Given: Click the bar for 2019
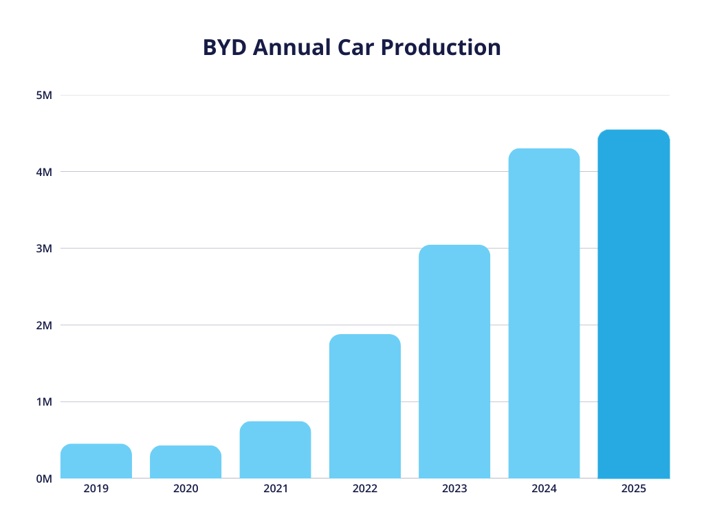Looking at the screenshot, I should pyautogui.click(x=96, y=461).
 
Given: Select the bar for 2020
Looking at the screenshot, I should pyautogui.click(x=186, y=462).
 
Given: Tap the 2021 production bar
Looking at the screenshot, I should pyautogui.click(x=275, y=450).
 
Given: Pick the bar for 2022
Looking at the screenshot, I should pyautogui.click(x=365, y=406).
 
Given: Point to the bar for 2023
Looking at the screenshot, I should pyautogui.click(x=454, y=362).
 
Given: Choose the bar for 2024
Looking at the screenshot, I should pyautogui.click(x=544, y=313).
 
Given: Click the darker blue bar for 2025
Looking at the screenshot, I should pyautogui.click(x=633, y=304).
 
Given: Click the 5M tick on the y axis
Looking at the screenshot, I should pyautogui.click(x=44, y=95).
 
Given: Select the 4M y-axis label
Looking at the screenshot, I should pyautogui.click(x=44, y=172).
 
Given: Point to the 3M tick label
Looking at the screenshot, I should pyautogui.click(x=44, y=248).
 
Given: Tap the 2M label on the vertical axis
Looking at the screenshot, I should pyautogui.click(x=44, y=325).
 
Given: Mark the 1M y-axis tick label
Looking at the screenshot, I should pyautogui.click(x=44, y=401).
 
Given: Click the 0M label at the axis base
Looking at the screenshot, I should pyautogui.click(x=44, y=478).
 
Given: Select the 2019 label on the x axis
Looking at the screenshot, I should pyautogui.click(x=96, y=489).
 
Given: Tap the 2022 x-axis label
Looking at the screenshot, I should pyautogui.click(x=365, y=489).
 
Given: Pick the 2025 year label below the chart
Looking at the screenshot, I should pyautogui.click(x=633, y=489).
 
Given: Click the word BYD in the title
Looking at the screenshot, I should pyautogui.click(x=224, y=47).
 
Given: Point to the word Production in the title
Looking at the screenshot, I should pyautogui.click(x=440, y=47).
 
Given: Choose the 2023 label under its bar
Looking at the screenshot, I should pyautogui.click(x=454, y=489).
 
